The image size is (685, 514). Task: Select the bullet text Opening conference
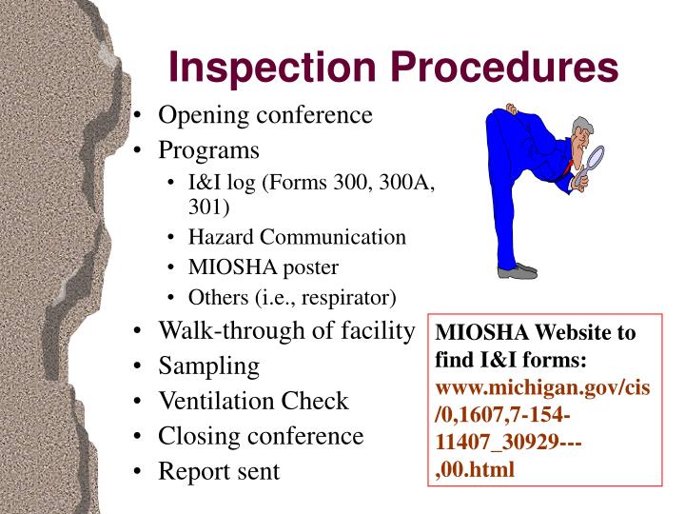264,115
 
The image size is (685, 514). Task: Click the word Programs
208,149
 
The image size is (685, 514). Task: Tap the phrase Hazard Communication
297,237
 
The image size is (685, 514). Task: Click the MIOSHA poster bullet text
264,267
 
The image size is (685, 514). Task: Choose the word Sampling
208,366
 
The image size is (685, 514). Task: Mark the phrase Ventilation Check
253,401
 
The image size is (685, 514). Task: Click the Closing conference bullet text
261,436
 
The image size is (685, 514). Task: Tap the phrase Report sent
219,471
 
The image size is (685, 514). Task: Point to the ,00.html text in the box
475,469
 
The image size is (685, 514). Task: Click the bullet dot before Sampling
140,366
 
